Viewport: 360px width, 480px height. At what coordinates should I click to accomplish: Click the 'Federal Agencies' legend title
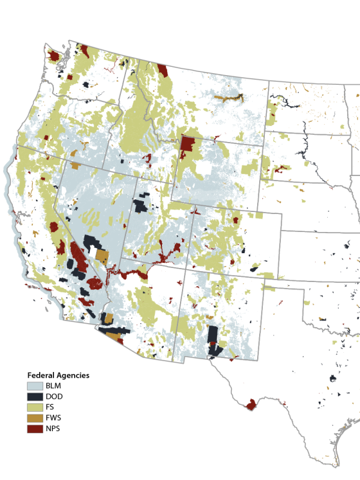(58, 375)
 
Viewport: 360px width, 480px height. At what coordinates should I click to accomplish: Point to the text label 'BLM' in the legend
(53, 386)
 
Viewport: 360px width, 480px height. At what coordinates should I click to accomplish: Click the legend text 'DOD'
(54, 396)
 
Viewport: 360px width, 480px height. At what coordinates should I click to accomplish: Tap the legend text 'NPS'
(53, 429)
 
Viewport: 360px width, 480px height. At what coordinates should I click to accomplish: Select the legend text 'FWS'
(54, 418)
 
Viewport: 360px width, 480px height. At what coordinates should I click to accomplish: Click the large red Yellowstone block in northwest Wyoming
(188, 145)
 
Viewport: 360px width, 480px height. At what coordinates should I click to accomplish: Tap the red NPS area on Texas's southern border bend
(250, 405)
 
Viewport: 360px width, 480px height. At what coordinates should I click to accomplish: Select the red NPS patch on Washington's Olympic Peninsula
(54, 57)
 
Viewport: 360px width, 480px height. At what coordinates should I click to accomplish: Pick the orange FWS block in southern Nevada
(102, 257)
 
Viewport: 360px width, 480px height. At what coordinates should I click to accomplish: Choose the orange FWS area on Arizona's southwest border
(113, 335)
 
